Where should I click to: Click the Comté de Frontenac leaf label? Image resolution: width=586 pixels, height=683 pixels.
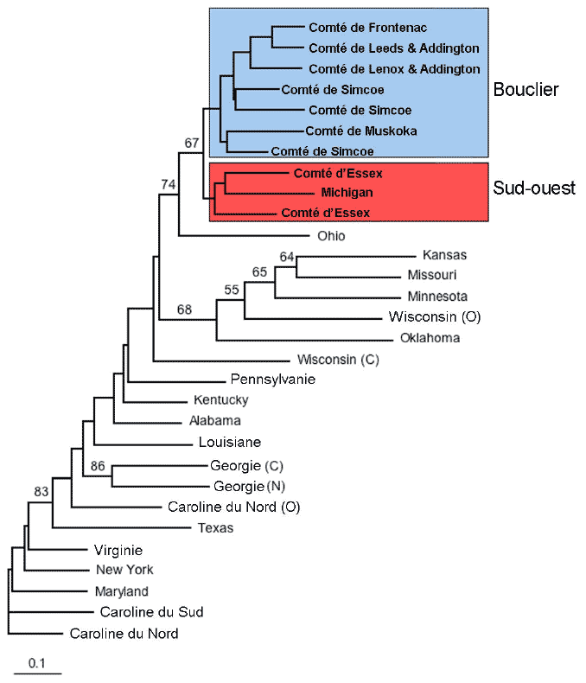(x=368, y=28)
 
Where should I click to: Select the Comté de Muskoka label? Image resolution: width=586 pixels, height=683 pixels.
(x=361, y=131)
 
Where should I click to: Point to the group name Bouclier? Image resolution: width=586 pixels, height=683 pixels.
(x=525, y=89)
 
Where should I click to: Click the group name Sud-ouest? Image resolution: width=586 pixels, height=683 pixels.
(x=534, y=188)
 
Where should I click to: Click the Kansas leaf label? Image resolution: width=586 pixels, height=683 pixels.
(x=444, y=255)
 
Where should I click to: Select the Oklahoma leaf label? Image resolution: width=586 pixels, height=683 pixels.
(x=430, y=337)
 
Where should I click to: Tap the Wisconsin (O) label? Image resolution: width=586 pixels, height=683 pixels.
(x=434, y=316)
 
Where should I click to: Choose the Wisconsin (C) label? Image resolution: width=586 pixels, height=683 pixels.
(x=338, y=359)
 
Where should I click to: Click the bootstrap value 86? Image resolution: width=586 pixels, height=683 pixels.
(x=98, y=465)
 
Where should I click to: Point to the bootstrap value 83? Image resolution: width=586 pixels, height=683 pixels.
(x=41, y=491)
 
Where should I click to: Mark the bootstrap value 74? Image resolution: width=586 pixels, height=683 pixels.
(x=167, y=183)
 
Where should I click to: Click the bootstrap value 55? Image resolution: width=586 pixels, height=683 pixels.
(x=232, y=290)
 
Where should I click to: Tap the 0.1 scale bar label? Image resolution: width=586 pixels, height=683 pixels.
(x=36, y=663)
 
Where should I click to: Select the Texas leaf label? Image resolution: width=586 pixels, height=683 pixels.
(x=215, y=527)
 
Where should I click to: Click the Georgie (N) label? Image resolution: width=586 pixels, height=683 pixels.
(x=249, y=486)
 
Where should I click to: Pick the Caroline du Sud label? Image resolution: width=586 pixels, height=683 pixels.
(x=151, y=612)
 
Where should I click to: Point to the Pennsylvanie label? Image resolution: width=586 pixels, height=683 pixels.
(x=273, y=379)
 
